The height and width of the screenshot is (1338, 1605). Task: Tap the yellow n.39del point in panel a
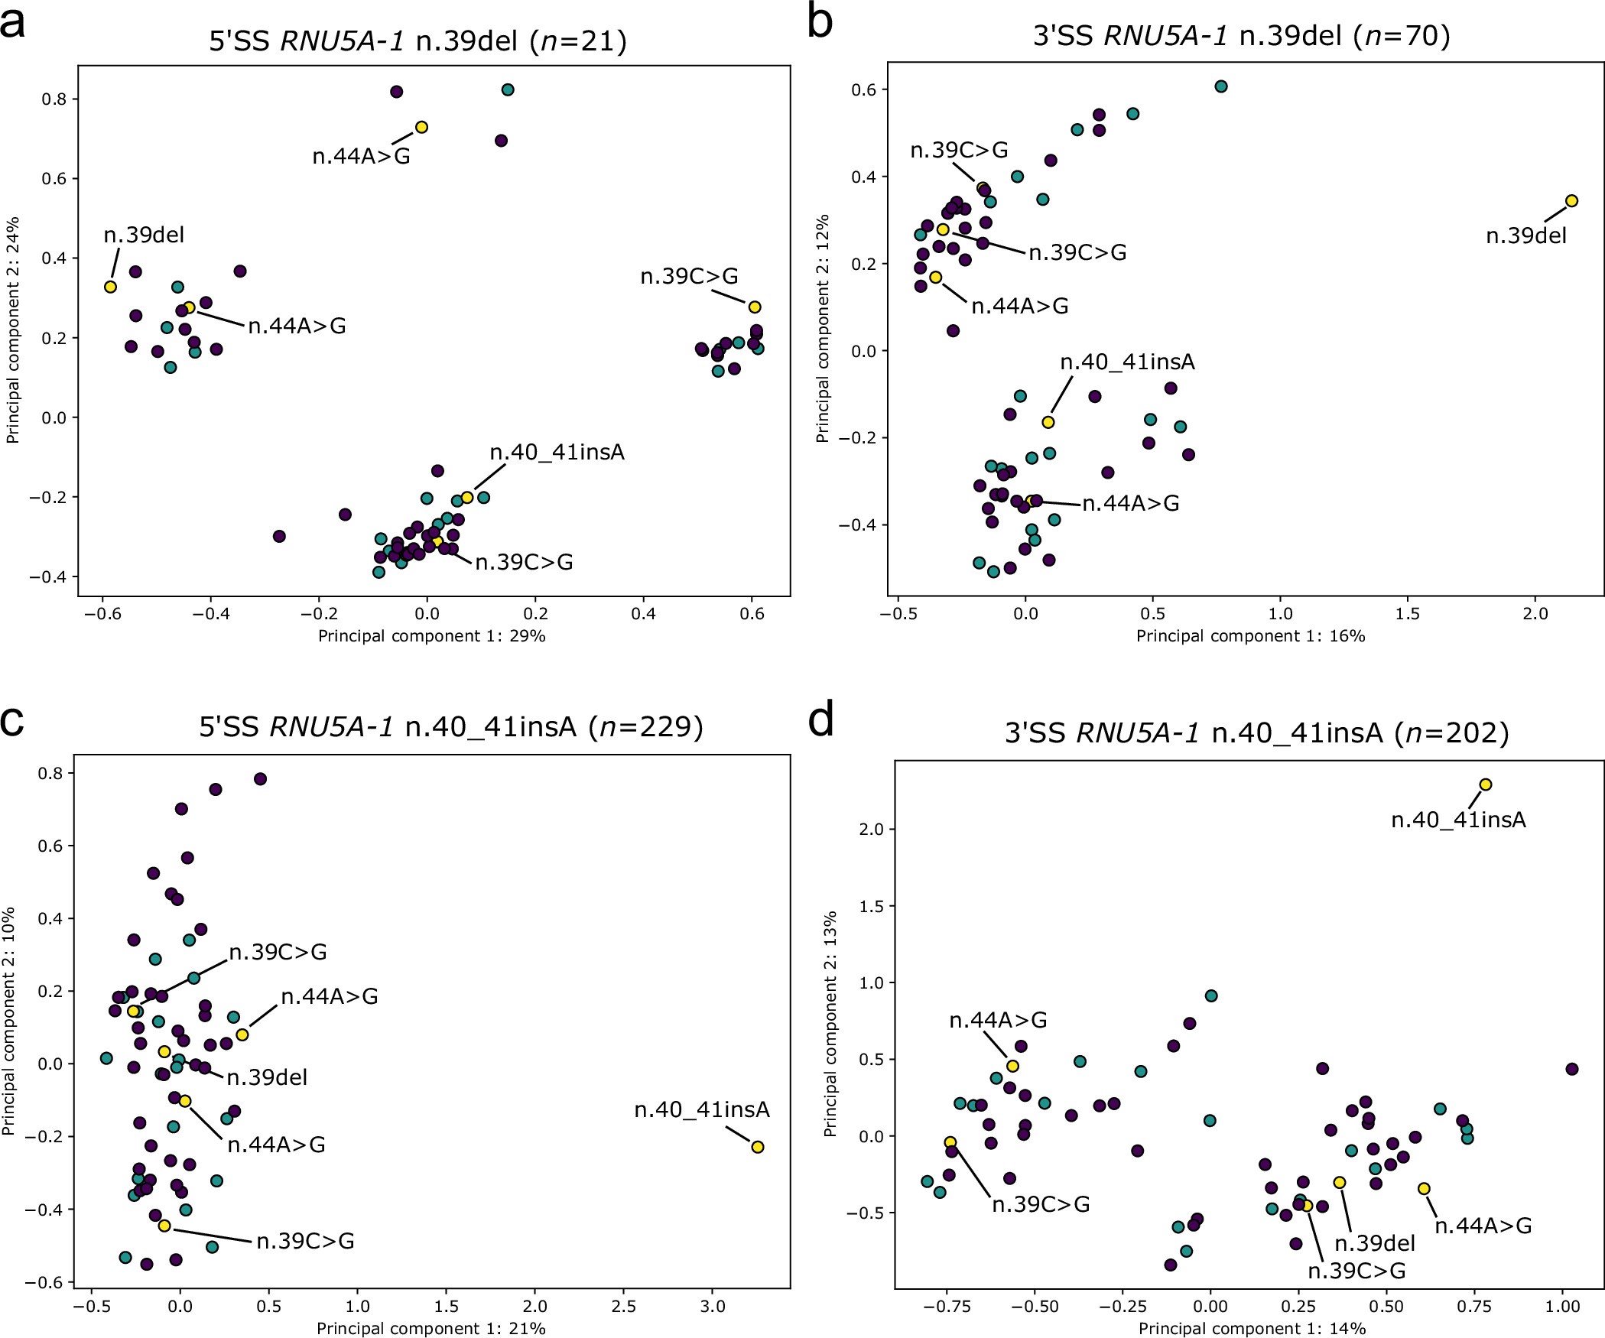pos(110,287)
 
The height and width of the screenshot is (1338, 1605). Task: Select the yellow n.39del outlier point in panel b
pos(1571,201)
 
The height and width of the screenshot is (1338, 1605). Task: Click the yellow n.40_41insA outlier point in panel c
pos(758,1147)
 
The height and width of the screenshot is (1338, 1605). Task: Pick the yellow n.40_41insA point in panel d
pos(1486,784)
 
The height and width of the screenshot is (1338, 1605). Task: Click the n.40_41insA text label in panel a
pos(557,453)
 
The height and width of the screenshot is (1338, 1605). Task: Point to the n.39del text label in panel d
pos(1375,1243)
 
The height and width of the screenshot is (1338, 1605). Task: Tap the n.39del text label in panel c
pos(267,1077)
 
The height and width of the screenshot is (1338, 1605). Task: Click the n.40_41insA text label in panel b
pos(1127,362)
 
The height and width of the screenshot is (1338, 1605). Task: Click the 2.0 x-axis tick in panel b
pos(1535,614)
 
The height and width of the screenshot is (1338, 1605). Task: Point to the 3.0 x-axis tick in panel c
pos(713,1307)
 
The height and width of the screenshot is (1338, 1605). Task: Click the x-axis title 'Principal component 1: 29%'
pos(431,636)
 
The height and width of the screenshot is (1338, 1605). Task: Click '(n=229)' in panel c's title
pos(645,726)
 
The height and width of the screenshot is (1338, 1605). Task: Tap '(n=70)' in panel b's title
pos(1401,36)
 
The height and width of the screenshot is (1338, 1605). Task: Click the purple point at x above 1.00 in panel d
pos(1571,1069)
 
